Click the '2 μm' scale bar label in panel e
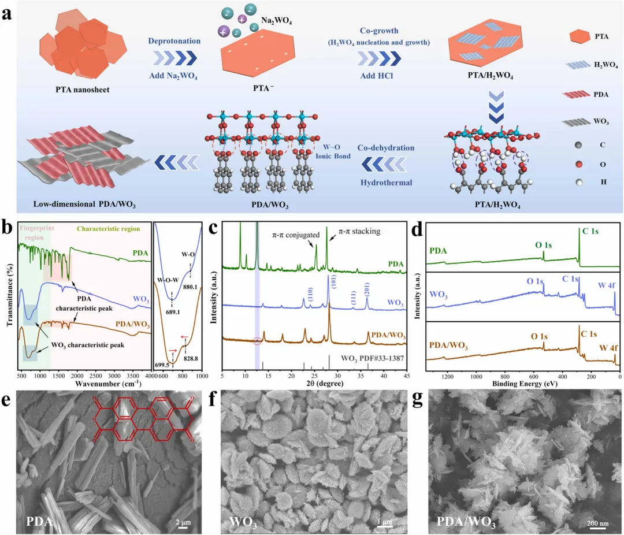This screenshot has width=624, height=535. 184,524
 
